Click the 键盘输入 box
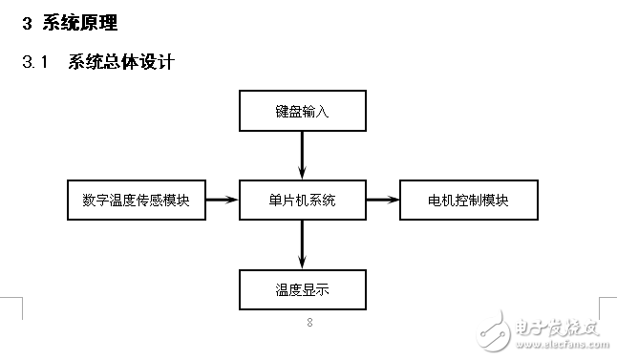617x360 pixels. pos(302,112)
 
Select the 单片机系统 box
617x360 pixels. pos(302,200)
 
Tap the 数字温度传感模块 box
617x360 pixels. pos(137,200)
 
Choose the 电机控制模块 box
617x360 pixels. pos(468,200)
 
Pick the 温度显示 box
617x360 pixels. pos(302,288)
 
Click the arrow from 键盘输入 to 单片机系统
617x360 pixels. pos(302,154)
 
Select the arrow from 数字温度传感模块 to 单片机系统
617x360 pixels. pos(222,200)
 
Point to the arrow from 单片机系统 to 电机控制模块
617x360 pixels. pos(382,200)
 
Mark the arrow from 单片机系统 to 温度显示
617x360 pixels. pos(302,244)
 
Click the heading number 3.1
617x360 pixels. pos(34,63)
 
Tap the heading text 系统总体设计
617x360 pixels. pos(121,63)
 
